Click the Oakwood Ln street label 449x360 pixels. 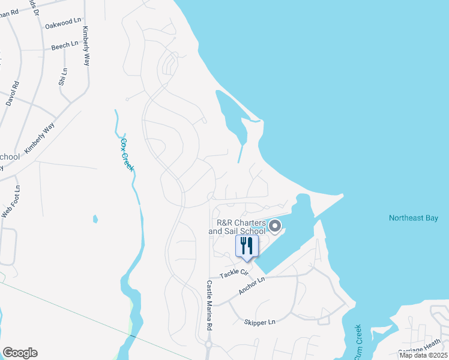(62, 23)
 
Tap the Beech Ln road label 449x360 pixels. (65, 45)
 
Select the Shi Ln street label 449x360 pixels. (63, 77)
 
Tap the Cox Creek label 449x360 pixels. (127, 154)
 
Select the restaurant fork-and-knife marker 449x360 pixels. (246, 246)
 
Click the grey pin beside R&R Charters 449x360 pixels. (275, 226)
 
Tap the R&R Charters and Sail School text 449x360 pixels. (237, 227)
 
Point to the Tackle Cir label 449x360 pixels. (234, 273)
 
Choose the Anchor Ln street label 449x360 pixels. (252, 286)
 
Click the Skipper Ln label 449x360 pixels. (259, 322)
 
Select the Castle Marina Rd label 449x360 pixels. (209, 306)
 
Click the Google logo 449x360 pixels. (20, 353)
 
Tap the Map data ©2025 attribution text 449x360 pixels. (423, 355)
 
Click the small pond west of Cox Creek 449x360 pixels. (95, 219)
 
